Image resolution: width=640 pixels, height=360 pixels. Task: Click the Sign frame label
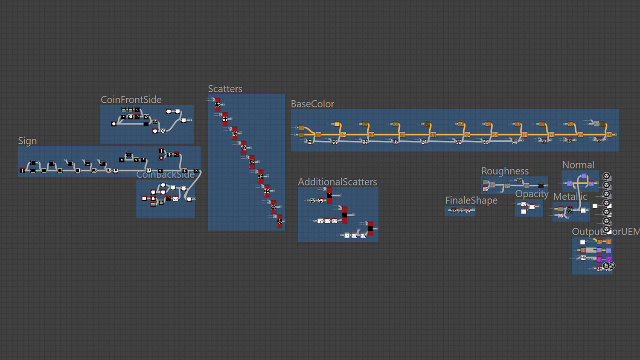tap(27, 141)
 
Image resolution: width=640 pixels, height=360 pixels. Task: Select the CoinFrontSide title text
tap(131, 100)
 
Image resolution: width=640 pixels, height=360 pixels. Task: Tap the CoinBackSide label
tap(165, 174)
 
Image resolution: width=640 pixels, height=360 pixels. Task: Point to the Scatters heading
tap(225, 89)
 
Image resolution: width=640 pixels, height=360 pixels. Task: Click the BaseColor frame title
tap(312, 104)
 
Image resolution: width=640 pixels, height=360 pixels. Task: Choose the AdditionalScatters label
tap(337, 182)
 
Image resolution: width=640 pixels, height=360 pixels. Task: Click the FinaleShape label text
tap(471, 200)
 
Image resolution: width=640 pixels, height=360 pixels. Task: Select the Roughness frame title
tap(505, 171)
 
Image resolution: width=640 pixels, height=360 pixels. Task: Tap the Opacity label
tap(532, 194)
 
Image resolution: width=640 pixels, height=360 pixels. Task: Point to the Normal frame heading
tap(578, 165)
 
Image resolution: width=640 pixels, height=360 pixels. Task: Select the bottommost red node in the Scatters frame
tap(279, 221)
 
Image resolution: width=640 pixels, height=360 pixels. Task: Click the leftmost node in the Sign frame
tap(22, 171)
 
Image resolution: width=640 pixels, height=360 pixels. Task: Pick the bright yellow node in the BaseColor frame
tap(337, 125)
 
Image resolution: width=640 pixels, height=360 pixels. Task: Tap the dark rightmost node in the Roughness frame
tap(541, 186)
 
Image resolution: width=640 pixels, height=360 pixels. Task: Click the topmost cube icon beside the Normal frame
tap(606, 176)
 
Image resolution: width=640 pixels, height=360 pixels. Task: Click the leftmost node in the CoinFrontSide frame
tap(113, 124)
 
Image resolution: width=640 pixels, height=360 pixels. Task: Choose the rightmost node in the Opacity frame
tap(532, 206)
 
